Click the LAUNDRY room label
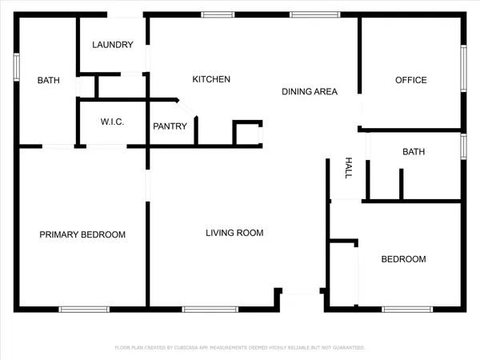click(x=112, y=45)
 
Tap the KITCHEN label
click(x=211, y=79)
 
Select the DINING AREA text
click(x=310, y=91)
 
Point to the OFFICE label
click(x=411, y=80)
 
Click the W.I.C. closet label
click(x=111, y=122)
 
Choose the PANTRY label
click(x=170, y=126)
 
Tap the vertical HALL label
click(x=349, y=167)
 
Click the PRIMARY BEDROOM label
click(x=82, y=234)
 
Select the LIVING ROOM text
click(x=234, y=234)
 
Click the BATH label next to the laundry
click(x=49, y=80)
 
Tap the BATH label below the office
click(x=414, y=151)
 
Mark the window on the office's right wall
click(x=463, y=69)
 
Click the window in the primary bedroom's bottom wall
click(x=84, y=309)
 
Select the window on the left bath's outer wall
click(x=16, y=67)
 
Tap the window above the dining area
click(x=303, y=14)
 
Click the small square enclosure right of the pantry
click(x=247, y=134)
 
